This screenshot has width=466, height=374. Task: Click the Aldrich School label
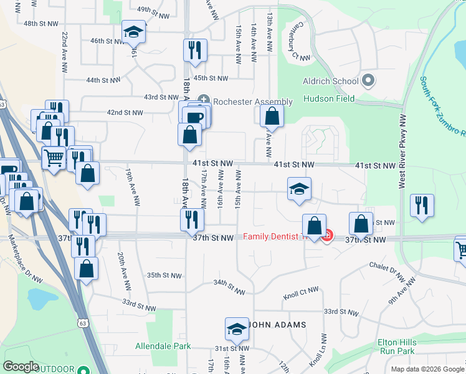point(331,81)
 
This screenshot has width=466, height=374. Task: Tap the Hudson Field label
point(329,98)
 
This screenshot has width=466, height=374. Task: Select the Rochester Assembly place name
point(252,102)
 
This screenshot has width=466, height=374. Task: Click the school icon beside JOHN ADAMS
point(237,328)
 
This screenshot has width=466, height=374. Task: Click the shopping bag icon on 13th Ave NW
point(272,115)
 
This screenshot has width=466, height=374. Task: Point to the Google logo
point(21,367)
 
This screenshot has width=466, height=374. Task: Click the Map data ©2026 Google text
point(427,369)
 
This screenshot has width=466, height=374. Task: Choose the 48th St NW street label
point(40,23)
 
